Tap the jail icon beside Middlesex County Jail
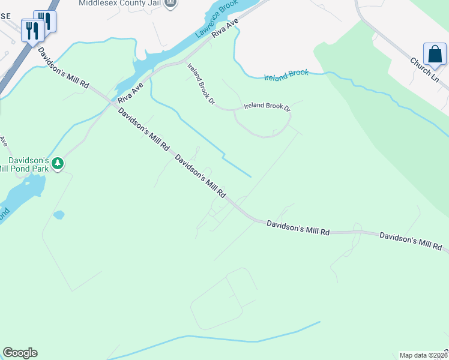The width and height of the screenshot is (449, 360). [x=170, y=4]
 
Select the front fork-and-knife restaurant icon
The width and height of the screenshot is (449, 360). [x=32, y=30]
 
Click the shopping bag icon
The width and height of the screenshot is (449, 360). [x=434, y=54]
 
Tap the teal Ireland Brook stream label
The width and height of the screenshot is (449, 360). [x=286, y=74]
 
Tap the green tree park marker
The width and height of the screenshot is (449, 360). [x=58, y=164]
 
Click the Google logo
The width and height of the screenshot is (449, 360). [x=20, y=353]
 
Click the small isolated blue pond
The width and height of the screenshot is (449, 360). [x=59, y=215]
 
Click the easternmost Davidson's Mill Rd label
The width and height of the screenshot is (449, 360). [x=411, y=241]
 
